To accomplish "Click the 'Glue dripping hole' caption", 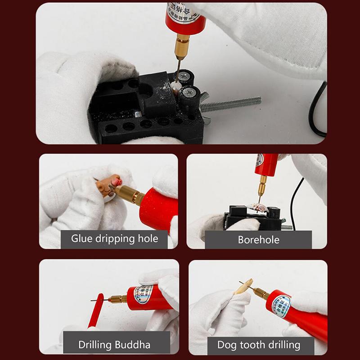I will [x=114, y=238].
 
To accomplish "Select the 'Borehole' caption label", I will [x=258, y=239].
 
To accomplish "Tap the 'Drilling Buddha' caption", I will [x=114, y=345].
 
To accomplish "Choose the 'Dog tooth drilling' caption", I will [x=258, y=345].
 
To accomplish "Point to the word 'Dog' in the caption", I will [x=226, y=345].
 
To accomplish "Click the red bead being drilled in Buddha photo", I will [x=96, y=310].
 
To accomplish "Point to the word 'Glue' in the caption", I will [x=82, y=238].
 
